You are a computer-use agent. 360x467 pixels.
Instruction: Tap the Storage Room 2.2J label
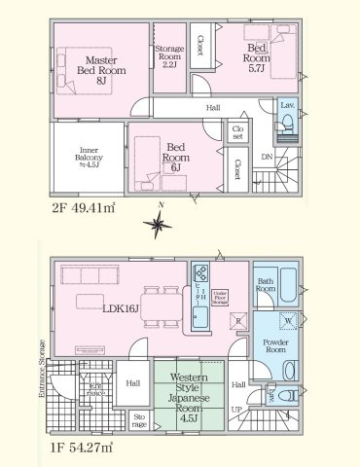[170, 55]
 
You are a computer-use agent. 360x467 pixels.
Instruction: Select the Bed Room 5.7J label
[259, 57]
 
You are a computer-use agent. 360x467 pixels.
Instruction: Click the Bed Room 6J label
[176, 156]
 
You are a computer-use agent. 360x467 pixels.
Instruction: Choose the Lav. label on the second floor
[287, 104]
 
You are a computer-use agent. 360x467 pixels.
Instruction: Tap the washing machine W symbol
[289, 322]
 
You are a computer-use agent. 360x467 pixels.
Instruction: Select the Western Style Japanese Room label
[185, 391]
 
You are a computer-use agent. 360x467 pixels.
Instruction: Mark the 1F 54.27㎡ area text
[83, 449]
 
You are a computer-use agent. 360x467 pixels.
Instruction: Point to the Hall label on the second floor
[213, 109]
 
